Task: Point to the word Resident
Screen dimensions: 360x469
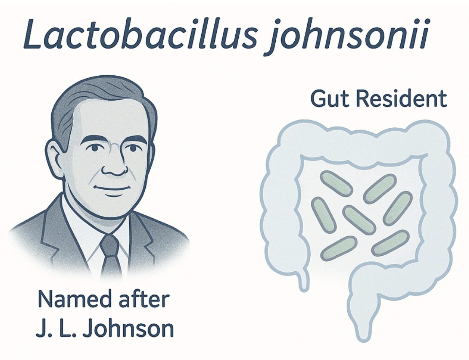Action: point(401,99)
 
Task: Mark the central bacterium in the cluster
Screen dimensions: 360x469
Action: point(359,220)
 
